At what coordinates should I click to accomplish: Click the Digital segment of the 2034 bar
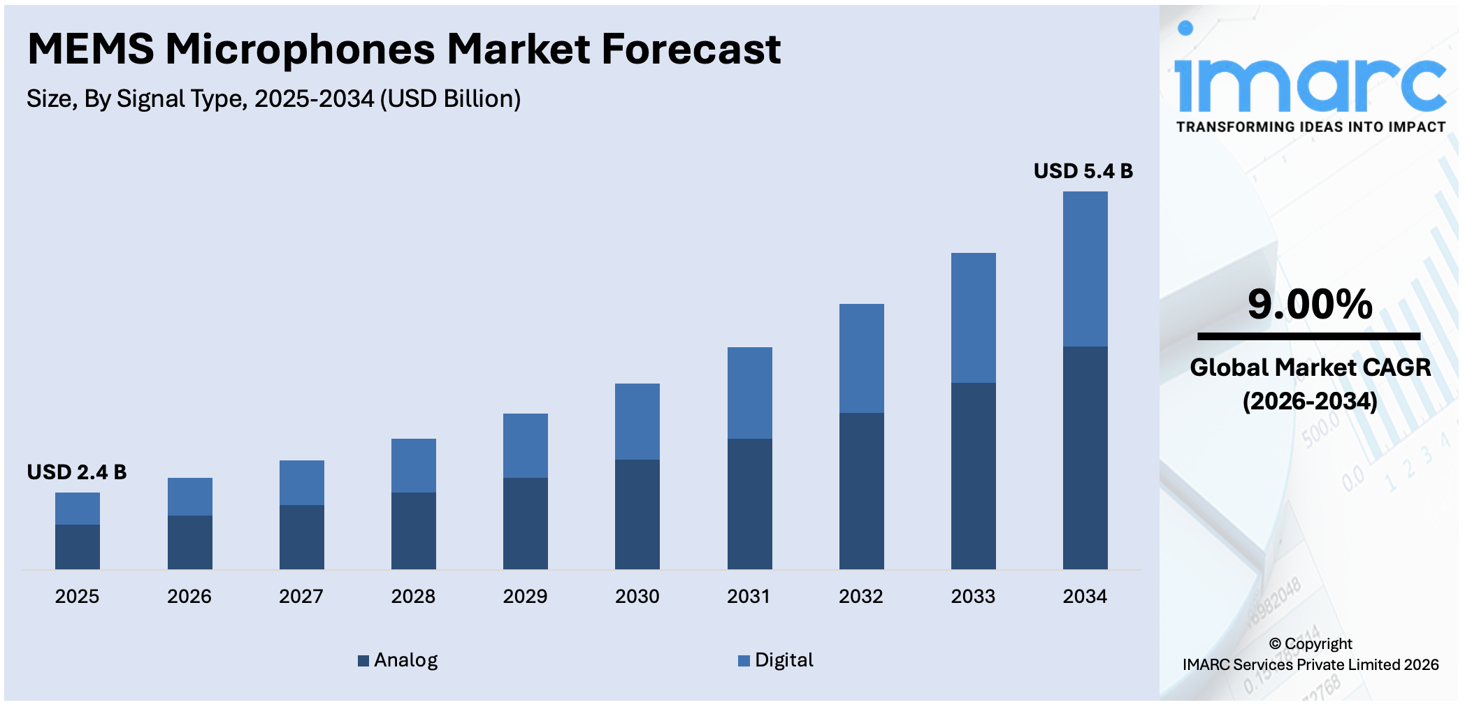tap(1085, 269)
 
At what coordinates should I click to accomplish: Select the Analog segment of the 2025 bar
tap(78, 546)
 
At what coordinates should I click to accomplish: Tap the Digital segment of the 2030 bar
tap(637, 421)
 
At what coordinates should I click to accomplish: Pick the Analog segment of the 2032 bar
tap(861, 490)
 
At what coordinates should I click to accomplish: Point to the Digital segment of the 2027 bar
tap(301, 483)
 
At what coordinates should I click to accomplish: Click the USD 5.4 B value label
tap(1083, 171)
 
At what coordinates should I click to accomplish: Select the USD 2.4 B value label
tap(77, 472)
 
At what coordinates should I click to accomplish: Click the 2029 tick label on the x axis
tap(525, 596)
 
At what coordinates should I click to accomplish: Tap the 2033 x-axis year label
tap(973, 596)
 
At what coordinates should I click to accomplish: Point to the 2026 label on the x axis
tap(189, 596)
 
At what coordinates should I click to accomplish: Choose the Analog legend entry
tap(398, 660)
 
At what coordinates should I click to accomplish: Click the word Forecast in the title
tap(691, 50)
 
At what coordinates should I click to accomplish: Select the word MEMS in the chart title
tap(91, 50)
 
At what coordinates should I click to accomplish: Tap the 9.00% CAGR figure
tap(1310, 305)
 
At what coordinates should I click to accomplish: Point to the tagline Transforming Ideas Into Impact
tap(1311, 127)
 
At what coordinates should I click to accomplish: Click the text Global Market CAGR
tap(1310, 367)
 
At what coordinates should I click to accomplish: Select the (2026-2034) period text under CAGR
tap(1310, 401)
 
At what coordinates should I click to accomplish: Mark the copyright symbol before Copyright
tap(1275, 644)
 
